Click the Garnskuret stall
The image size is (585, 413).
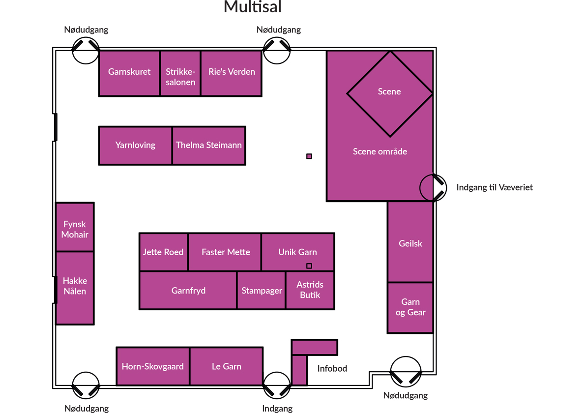[x=129, y=73]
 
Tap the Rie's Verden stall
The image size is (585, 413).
[x=232, y=73]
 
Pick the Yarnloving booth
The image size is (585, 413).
[x=135, y=145]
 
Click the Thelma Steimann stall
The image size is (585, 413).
[x=209, y=145]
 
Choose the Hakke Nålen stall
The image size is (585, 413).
[x=75, y=288]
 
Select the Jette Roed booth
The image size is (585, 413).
[x=163, y=252]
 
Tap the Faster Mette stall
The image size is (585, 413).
[x=226, y=252]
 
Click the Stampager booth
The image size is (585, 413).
[x=262, y=290]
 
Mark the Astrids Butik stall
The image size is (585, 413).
[x=310, y=290]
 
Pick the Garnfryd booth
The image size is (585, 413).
[x=188, y=290]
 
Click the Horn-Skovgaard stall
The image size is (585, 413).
[x=153, y=366]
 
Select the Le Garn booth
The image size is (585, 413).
[x=226, y=366]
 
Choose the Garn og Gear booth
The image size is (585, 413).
[x=410, y=307]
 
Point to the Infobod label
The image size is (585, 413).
[x=332, y=368]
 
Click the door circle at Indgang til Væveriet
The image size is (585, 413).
[x=433, y=187]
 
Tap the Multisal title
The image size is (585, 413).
[x=252, y=7]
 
